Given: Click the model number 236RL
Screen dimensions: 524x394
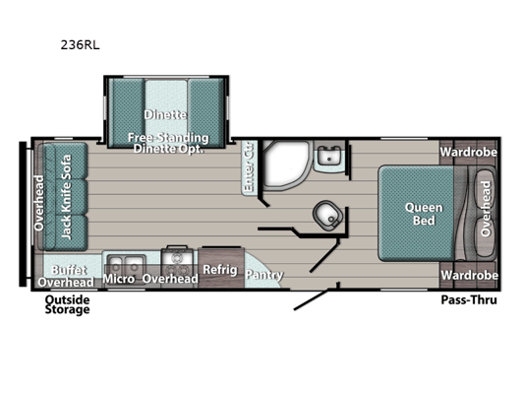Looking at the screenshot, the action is click(80, 45).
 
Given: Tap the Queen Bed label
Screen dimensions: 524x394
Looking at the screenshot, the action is click(424, 214).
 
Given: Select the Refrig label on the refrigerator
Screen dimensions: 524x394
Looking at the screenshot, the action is click(220, 270).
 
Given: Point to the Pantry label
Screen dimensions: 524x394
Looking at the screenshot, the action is click(264, 275).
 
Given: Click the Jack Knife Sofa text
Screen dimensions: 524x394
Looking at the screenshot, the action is click(66, 197).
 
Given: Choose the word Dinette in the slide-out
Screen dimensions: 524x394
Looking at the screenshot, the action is click(165, 115).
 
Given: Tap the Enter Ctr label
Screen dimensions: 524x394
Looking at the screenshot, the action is click(248, 167).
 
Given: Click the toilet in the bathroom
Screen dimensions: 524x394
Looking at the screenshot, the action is click(327, 216).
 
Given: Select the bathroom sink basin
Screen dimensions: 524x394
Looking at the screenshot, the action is click(329, 156).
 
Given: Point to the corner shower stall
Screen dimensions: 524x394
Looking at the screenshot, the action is click(286, 165).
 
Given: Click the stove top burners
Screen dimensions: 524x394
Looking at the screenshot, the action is click(177, 263).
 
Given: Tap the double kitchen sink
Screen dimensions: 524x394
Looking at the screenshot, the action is click(126, 264).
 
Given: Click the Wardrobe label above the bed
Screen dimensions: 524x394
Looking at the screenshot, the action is click(468, 153).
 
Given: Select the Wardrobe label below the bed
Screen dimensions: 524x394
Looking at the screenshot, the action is click(469, 275).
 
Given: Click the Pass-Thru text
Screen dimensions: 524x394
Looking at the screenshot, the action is click(469, 300).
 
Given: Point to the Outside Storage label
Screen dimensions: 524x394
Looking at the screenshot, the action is click(67, 304).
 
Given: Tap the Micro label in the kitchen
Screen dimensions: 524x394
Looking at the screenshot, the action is click(119, 279).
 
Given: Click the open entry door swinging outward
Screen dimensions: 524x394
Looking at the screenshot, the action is click(311, 300).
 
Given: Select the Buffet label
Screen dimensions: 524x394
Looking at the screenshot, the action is click(69, 270).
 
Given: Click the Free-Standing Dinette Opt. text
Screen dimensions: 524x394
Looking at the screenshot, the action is click(168, 143).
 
